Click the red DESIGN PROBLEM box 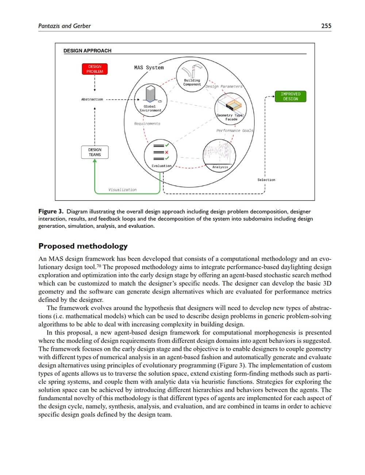click(95, 69)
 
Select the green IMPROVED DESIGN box click(290, 96)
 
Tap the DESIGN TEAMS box click(95, 152)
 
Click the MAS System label click(149, 68)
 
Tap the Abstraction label click(92, 99)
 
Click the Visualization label click(122, 190)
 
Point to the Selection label click(266, 180)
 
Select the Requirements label click(147, 124)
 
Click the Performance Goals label click(234, 131)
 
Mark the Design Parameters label click(224, 87)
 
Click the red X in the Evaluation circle click(166, 152)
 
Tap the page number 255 click(326, 26)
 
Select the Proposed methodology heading click(83, 246)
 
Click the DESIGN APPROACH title click(87, 51)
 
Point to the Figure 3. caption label click(51, 211)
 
